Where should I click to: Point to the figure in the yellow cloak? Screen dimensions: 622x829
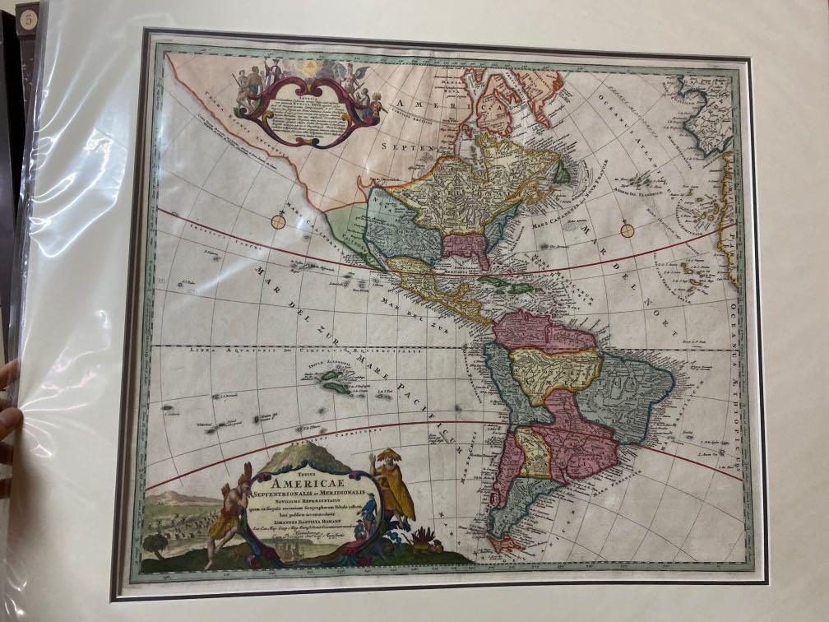click(x=391, y=490)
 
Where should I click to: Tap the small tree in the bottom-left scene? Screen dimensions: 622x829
click(x=155, y=543)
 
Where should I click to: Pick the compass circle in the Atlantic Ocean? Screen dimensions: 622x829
click(x=628, y=230)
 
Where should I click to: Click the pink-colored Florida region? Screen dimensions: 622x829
click(x=466, y=246)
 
